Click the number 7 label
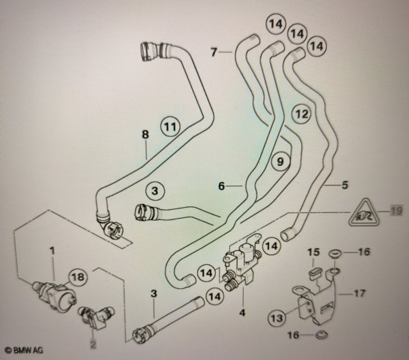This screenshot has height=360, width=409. [214, 52]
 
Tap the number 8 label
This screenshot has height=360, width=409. [145, 134]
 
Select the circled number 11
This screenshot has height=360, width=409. [170, 127]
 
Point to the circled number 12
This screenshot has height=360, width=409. [302, 113]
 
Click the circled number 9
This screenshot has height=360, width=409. [280, 161]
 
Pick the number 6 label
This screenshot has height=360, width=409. [221, 186]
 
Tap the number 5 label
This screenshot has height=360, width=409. [345, 185]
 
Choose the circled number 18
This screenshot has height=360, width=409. [78, 277]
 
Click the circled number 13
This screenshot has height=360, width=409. [277, 318]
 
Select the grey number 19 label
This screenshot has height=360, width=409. [396, 210]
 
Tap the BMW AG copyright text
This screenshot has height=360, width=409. [25, 350]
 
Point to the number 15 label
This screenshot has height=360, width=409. [313, 252]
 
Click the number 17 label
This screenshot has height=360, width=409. [359, 293]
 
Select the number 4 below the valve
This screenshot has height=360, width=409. [242, 313]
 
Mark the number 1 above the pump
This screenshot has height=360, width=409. [53, 251]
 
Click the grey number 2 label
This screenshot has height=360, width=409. [93, 344]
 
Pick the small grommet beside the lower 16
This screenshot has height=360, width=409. [321, 335]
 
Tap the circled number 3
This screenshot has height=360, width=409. [155, 190]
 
